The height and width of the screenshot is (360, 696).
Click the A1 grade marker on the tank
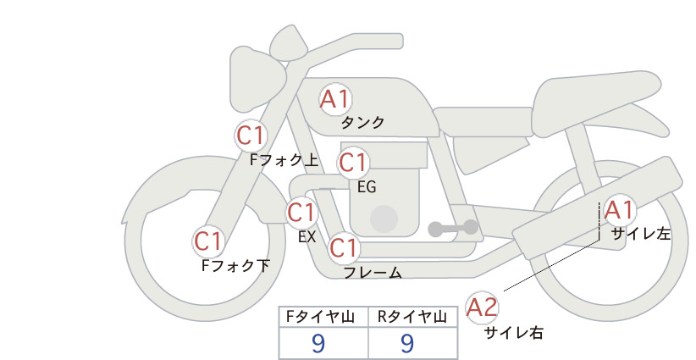pos(335,99)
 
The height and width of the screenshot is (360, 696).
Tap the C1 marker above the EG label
pos(352,163)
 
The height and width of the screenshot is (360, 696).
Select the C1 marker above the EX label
pos(301,212)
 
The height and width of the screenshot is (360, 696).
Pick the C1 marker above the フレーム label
pos(344,247)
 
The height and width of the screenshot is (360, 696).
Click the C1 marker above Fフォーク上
pos(251,136)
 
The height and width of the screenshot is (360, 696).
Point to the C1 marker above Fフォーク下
pos(208,241)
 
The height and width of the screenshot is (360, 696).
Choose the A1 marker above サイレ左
pos(619,210)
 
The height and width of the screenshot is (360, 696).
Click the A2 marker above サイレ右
pos(482,307)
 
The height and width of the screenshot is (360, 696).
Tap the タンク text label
pos(362,123)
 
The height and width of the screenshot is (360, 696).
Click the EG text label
pos(367,187)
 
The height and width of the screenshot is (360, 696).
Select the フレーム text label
pos(373,273)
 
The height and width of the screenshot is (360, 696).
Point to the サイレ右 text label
pos(514,333)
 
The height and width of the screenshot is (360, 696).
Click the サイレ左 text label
pos(641,234)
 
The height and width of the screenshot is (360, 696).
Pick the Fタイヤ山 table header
pos(320,317)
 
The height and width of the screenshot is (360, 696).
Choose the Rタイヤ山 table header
pos(412,317)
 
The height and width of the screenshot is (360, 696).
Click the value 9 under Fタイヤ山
pos(318,343)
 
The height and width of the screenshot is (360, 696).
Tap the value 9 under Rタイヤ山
pos(407,343)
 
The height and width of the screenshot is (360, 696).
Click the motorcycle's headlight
pos(258,80)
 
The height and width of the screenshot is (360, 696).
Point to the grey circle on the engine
pos(384,219)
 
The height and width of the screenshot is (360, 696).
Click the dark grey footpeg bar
pos(453,228)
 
